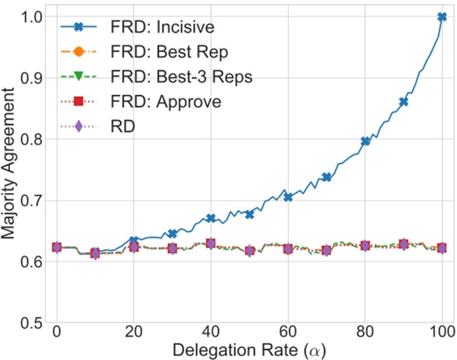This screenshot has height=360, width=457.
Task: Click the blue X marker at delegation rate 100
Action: [441, 17]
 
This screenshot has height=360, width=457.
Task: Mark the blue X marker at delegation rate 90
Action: [403, 102]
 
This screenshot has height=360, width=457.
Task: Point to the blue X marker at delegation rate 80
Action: [365, 141]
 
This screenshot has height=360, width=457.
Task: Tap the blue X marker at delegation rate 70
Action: [327, 177]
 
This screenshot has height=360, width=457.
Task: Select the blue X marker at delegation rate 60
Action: [287, 197]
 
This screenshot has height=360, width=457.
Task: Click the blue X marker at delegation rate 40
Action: [210, 218]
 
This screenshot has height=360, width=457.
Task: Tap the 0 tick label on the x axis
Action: [56, 333]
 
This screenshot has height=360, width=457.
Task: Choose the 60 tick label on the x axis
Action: [287, 333]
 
